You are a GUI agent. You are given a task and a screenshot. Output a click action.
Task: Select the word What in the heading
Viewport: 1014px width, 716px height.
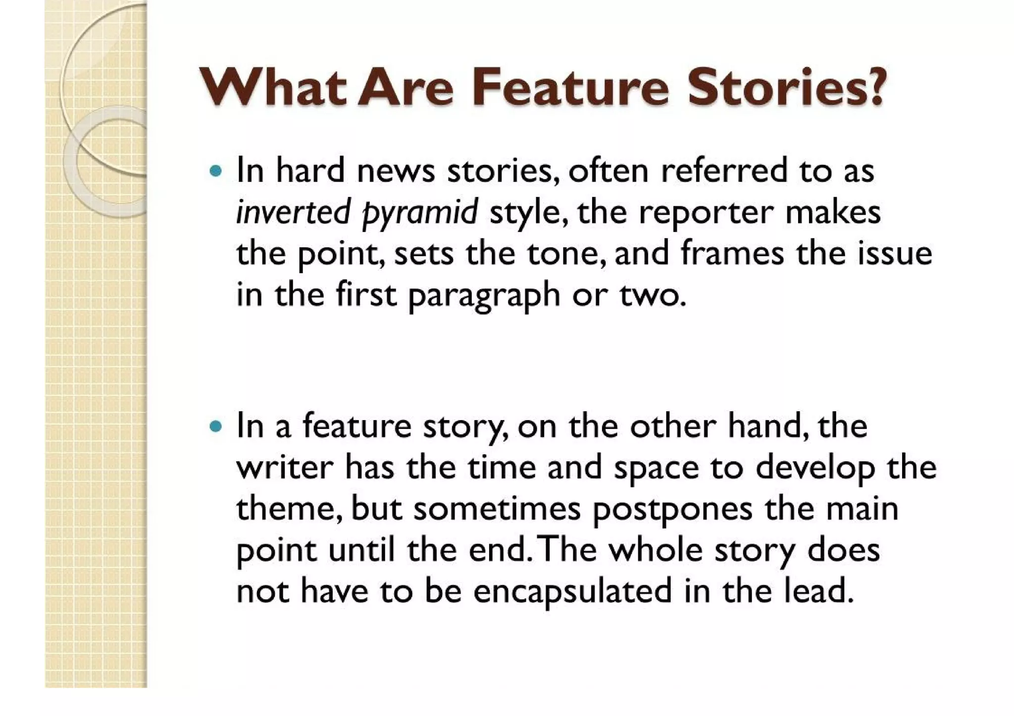[272, 88]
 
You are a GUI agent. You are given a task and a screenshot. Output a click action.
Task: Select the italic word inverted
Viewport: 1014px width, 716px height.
[293, 212]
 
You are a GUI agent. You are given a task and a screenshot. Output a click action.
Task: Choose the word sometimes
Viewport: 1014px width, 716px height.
[497, 509]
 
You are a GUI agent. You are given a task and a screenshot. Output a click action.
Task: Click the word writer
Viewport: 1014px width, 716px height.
[285, 468]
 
